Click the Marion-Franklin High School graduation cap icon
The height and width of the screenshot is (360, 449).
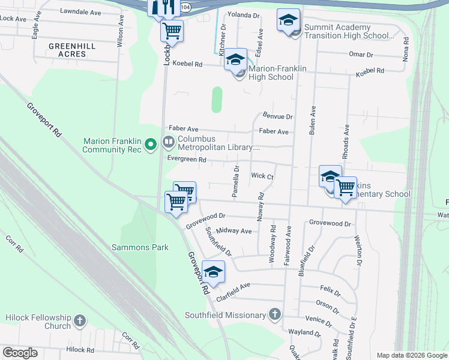236,59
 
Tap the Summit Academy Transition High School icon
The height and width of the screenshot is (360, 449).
288,20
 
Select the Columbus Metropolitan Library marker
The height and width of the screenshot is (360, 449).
169,142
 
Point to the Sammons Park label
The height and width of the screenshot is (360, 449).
140,247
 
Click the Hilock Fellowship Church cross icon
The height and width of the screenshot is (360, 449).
81,322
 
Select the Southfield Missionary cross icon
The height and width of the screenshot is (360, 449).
274,314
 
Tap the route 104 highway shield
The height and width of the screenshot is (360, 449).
185,7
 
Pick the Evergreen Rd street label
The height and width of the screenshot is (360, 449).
187,160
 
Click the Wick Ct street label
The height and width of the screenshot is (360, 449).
262,176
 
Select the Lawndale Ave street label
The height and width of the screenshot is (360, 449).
81,12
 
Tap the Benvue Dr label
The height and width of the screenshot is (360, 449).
277,116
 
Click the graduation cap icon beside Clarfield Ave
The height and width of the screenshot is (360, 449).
214,272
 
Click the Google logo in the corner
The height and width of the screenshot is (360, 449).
20,353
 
